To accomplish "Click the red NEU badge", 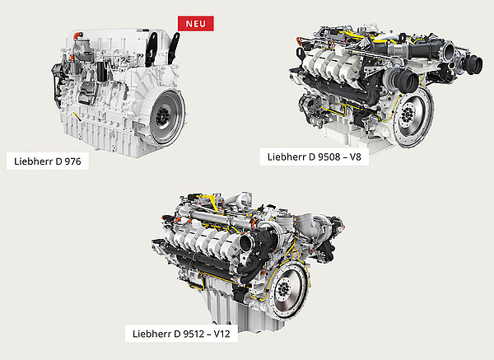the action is point(196,24).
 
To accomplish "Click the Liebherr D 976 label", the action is point(48,161).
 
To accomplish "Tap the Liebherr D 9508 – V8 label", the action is point(315,157).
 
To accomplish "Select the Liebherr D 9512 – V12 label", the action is point(181,334).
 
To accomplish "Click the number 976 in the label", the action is point(72,161).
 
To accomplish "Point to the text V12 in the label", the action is point(221,334).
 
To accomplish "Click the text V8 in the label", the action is point(355,157).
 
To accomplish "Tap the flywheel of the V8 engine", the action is point(412,117).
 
